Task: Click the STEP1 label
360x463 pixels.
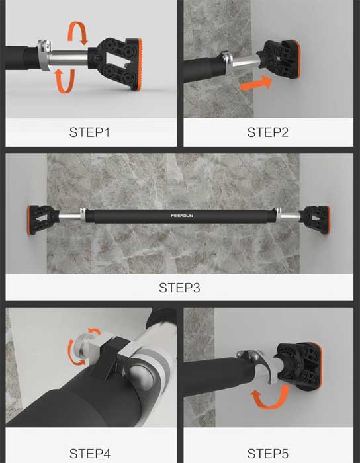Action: pyautogui.click(x=89, y=132)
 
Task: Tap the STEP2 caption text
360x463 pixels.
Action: pyautogui.click(x=267, y=132)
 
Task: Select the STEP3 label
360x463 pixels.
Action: pyautogui.click(x=179, y=288)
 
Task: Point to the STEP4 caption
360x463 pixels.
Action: pyautogui.click(x=90, y=454)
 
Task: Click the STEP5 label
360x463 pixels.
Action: pyautogui.click(x=267, y=454)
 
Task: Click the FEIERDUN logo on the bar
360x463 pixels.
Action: pyautogui.click(x=182, y=216)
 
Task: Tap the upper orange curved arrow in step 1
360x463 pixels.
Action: pyautogui.click(x=78, y=32)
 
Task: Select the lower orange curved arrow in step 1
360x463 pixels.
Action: pyautogui.click(x=65, y=81)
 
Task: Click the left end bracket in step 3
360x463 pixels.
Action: pyautogui.click(x=43, y=220)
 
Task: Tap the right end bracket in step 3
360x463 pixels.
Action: pyautogui.click(x=315, y=220)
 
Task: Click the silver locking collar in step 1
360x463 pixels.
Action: pyautogui.click(x=44, y=55)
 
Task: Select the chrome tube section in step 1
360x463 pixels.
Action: pyautogui.click(x=69, y=58)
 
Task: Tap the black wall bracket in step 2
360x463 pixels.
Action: pyautogui.click(x=279, y=60)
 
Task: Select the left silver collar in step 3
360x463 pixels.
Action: pyautogui.click(x=83, y=215)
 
